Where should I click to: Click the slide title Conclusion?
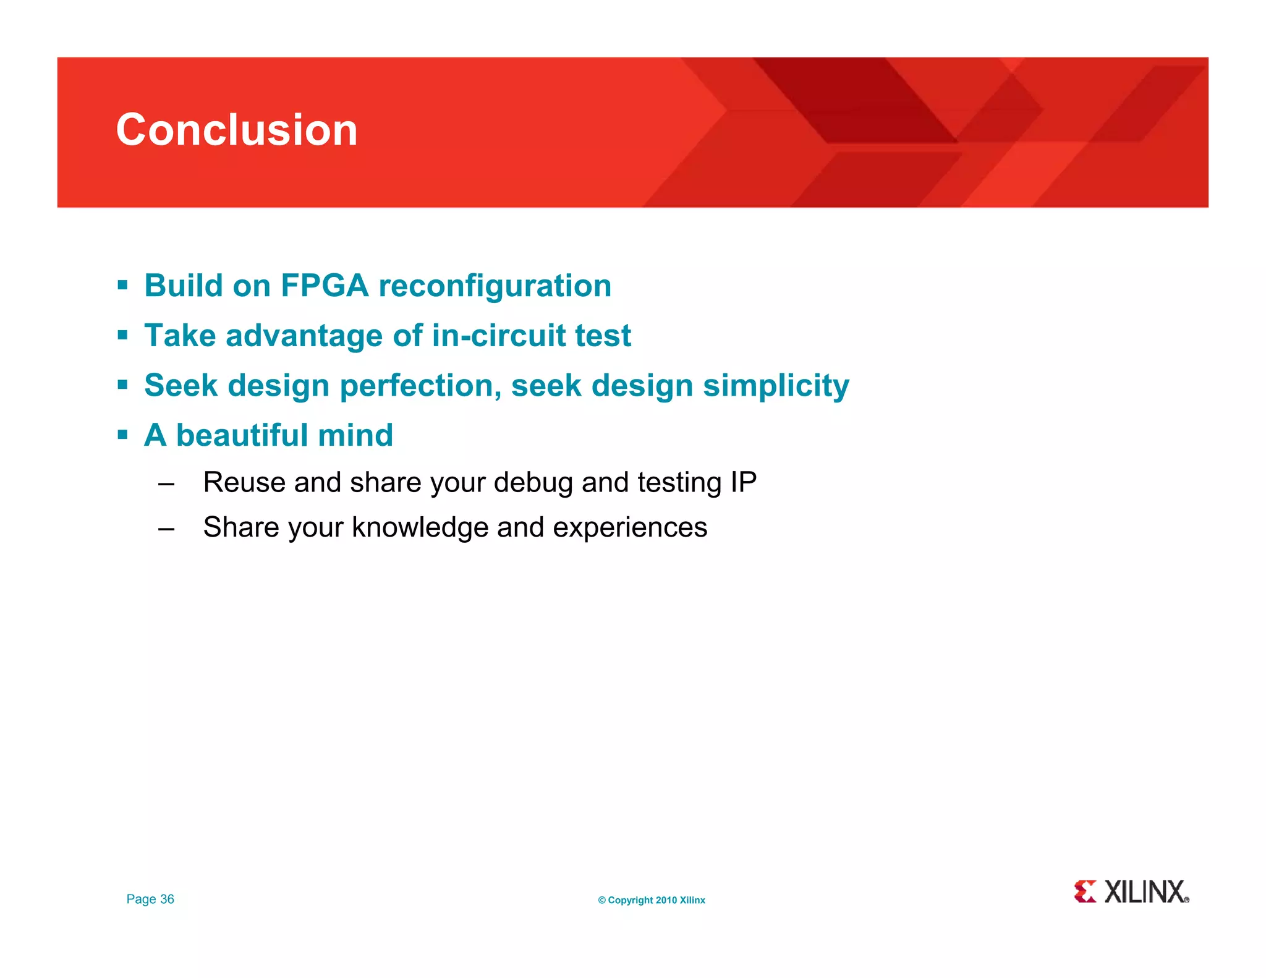click(237, 130)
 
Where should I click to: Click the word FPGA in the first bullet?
click(325, 286)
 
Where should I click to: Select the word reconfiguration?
click(495, 286)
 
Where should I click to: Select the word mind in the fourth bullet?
click(355, 435)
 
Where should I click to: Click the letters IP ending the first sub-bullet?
click(744, 483)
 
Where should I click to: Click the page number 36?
click(167, 899)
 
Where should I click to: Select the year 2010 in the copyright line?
click(666, 901)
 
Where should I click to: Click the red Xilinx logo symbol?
click(1085, 891)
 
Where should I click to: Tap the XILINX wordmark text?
click(1145, 892)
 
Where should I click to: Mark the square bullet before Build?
click(122, 286)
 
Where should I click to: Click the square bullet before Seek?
click(122, 385)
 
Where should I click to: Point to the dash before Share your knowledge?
click(166, 529)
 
